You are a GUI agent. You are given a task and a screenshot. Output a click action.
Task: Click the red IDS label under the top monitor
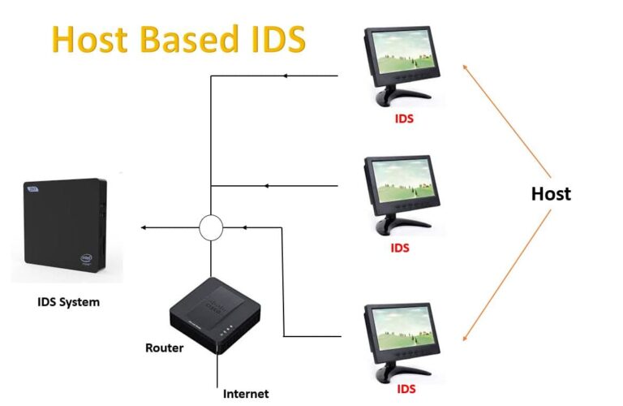[x=402, y=119]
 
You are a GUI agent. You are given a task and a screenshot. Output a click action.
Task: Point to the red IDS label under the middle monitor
[x=401, y=248]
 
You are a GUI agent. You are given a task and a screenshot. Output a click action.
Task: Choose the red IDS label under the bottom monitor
[x=406, y=390]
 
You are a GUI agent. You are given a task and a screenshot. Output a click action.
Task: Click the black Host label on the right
[x=551, y=194]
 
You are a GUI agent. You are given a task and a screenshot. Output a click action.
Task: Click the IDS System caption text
[x=69, y=303]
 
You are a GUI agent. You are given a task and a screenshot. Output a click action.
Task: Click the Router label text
[x=164, y=348]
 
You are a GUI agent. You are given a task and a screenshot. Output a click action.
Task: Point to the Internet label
[x=246, y=394]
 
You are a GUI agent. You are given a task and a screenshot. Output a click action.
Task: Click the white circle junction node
[x=211, y=227]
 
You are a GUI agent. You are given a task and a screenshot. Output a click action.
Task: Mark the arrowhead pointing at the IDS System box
[x=144, y=227]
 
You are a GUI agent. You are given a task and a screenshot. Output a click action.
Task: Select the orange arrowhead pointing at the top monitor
[x=466, y=69]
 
